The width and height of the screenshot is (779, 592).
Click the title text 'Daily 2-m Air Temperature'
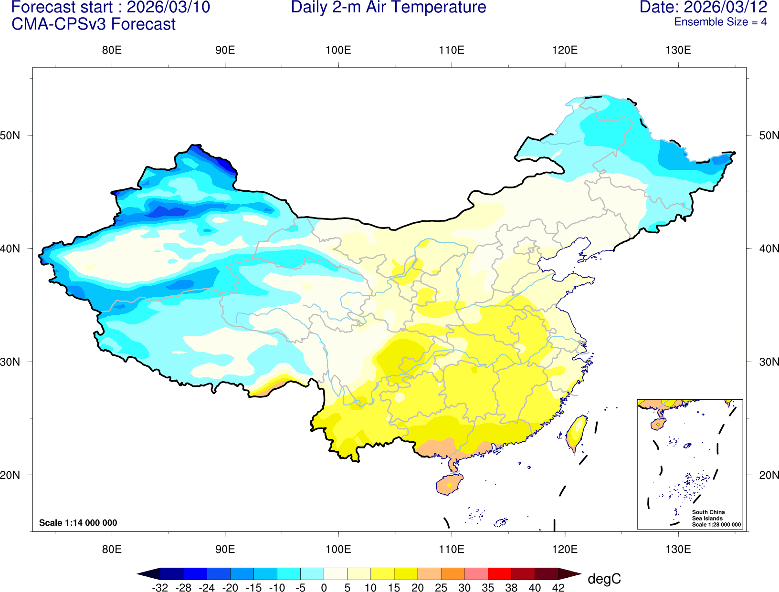tap(389, 8)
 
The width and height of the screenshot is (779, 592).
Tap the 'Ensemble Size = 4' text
tap(720, 22)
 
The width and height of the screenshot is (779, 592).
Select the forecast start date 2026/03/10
tap(168, 8)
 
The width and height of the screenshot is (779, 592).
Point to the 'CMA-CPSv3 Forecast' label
tap(94, 24)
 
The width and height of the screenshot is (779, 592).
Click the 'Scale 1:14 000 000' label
tap(78, 523)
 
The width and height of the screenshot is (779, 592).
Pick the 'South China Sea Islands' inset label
tap(708, 515)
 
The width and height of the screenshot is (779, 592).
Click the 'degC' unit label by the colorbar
tap(604, 579)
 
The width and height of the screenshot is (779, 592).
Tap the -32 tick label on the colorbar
tap(160, 588)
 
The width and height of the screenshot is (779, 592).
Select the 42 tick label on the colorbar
tap(558, 588)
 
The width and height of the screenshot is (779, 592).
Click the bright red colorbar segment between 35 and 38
tap(499, 573)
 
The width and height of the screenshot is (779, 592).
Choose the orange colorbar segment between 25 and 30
tap(453, 573)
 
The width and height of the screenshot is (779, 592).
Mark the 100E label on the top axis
tap(338, 51)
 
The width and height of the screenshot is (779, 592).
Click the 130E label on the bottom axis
tap(678, 549)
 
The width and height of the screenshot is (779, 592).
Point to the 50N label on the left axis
tap(11, 135)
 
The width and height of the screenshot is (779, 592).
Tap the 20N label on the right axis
tap(769, 475)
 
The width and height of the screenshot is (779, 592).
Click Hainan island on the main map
tap(449, 485)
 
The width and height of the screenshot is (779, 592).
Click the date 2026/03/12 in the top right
tap(726, 8)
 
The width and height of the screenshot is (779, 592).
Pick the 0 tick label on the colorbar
tap(324, 588)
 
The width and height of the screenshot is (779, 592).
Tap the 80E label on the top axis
tap(112, 51)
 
